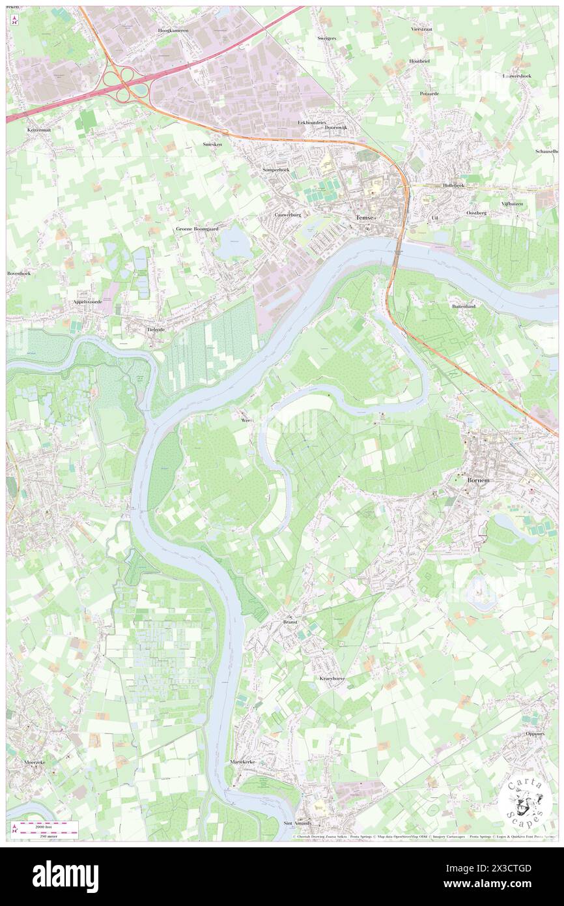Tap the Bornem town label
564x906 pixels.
pos(476,480)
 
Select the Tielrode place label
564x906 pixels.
pos(152,330)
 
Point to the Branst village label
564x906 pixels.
pos(290,622)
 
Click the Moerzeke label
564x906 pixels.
pos(31,761)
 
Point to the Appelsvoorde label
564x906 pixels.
pos(89,303)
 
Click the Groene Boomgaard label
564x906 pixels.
pos(197,229)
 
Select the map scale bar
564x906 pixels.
pos(46,829)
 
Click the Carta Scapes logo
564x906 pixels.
pos(524,802)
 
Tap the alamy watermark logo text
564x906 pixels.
pos(65,876)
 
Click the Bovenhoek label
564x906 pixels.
pos(19,273)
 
